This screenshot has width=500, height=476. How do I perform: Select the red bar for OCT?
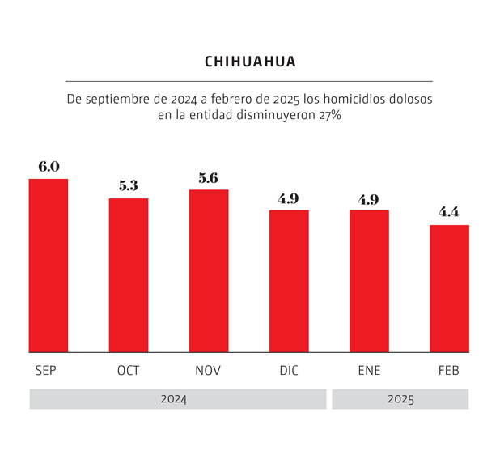(x=129, y=275)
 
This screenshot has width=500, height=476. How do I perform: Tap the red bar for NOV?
(x=209, y=271)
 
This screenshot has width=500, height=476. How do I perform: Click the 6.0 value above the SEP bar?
(x=49, y=167)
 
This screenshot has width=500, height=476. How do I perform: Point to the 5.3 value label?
(x=129, y=186)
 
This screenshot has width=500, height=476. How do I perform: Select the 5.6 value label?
(x=209, y=178)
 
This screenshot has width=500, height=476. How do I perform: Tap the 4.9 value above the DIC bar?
(x=289, y=198)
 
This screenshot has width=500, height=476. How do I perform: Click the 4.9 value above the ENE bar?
(x=369, y=199)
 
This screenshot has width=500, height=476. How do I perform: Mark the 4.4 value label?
(x=449, y=213)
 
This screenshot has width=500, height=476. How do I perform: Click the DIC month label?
(x=289, y=371)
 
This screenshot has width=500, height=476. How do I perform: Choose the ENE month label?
(x=369, y=371)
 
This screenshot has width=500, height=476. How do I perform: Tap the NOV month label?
(x=209, y=371)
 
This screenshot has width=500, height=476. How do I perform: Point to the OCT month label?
(x=129, y=371)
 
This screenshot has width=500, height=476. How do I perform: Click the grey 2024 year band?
(x=177, y=399)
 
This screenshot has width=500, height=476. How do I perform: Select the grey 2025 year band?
(x=400, y=399)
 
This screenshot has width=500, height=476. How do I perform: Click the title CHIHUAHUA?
(x=250, y=62)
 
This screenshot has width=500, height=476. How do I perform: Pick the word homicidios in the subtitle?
(x=344, y=99)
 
